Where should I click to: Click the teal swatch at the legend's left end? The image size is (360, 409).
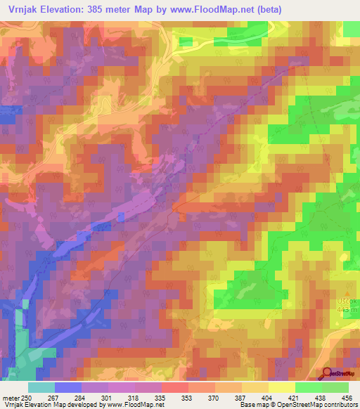tap(41, 387)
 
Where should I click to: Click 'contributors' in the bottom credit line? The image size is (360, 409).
tap(335, 405)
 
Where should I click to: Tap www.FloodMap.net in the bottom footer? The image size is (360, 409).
tap(136, 405)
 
